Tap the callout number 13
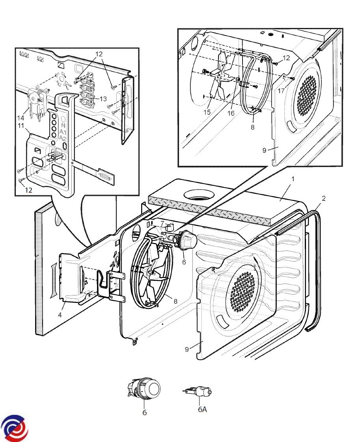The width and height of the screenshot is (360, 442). pyautogui.click(x=103, y=99)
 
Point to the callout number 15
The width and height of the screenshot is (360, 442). pyautogui.click(x=207, y=112)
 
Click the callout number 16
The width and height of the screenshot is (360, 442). pyautogui.click(x=231, y=113)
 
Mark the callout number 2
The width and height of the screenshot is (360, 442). pyautogui.click(x=323, y=198)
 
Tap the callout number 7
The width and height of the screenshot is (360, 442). pyautogui.click(x=162, y=223)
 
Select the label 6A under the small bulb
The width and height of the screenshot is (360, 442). pyautogui.click(x=202, y=409)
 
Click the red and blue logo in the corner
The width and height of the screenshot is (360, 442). pyautogui.click(x=15, y=428)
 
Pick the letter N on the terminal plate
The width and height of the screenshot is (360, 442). pyautogui.click(x=62, y=125)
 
